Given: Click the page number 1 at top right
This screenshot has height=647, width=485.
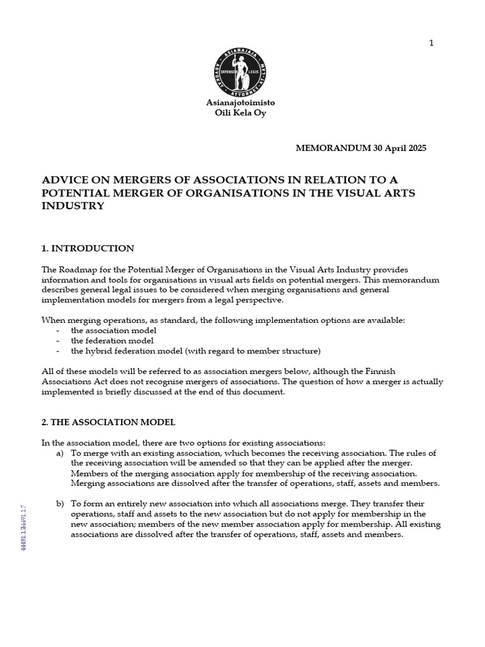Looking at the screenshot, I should (431, 43).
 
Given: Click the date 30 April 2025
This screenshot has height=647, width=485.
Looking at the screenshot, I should (395, 148).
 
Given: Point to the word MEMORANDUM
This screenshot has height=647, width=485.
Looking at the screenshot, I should (329, 148).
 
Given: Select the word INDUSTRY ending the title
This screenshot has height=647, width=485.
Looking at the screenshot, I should (72, 206).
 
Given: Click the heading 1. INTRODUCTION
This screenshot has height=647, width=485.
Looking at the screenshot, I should (87, 248).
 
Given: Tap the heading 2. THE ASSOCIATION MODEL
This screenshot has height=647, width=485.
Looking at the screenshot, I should (108, 422).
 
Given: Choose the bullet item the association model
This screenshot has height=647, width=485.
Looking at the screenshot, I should (114, 330).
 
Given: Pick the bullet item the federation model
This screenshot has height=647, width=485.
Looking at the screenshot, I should (112, 341).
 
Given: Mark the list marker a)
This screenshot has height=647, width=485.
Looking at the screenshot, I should (60, 453).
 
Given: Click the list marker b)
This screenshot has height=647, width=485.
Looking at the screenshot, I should (60, 504).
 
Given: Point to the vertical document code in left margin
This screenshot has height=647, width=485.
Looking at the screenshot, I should (23, 528).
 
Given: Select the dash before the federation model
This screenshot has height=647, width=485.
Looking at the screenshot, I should (58, 341).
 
